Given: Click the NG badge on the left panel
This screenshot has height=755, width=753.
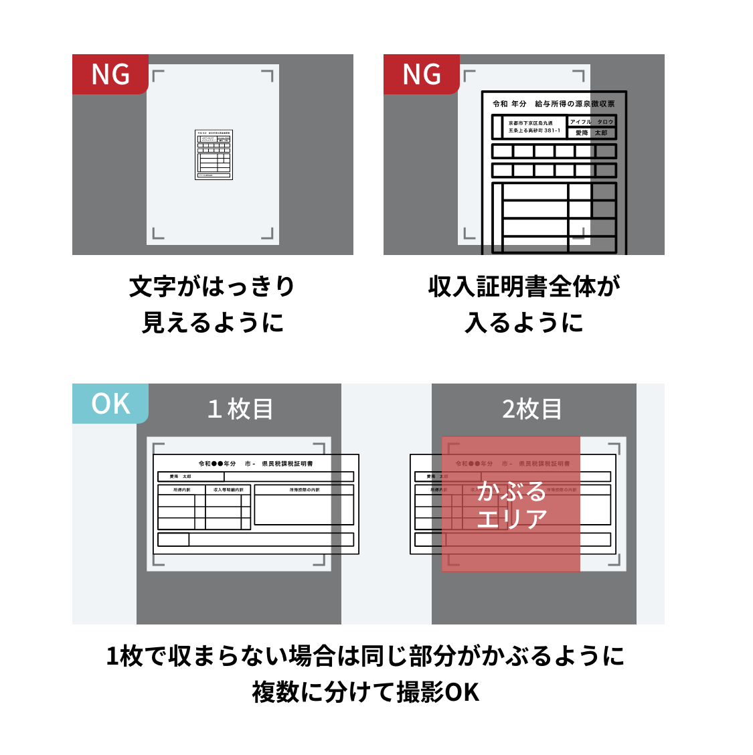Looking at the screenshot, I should click(x=110, y=74).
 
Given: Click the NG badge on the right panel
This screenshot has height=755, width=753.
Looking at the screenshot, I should click(x=422, y=74).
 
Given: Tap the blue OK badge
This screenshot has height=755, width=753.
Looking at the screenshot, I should click(x=110, y=404).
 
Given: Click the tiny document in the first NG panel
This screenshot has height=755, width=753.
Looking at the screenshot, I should click(x=214, y=155).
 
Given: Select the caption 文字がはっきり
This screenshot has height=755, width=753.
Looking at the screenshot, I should click(x=212, y=286).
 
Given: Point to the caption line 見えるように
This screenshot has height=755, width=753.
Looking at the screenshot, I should click(x=212, y=323).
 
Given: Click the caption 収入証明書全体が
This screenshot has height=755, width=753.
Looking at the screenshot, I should click(x=524, y=286).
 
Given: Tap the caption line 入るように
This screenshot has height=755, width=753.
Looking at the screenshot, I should click(x=524, y=323).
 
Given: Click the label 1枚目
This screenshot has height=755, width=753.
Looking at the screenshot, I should click(x=240, y=409).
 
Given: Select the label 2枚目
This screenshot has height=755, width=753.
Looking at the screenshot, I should click(x=532, y=409).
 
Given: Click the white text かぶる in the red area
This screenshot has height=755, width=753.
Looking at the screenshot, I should click(x=512, y=491).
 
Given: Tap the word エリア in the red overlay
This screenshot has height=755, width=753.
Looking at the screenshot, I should click(x=512, y=519).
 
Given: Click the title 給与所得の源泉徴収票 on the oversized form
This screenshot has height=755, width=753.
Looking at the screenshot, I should click(x=574, y=104).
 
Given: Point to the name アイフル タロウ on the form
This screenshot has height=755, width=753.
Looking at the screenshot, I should click(x=591, y=122).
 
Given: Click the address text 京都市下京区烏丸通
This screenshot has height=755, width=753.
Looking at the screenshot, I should click(x=531, y=123).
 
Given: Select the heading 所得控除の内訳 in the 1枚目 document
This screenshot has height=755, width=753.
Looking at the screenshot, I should click(x=305, y=490).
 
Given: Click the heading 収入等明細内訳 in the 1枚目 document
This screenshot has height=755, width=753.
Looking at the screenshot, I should click(x=228, y=490).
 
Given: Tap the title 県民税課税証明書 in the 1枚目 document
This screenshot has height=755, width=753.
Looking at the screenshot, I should click(x=287, y=463).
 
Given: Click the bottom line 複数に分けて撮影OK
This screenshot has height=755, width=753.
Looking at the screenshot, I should click(x=365, y=692).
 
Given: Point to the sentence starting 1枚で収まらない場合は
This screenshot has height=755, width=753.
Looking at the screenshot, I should click(x=365, y=656).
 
